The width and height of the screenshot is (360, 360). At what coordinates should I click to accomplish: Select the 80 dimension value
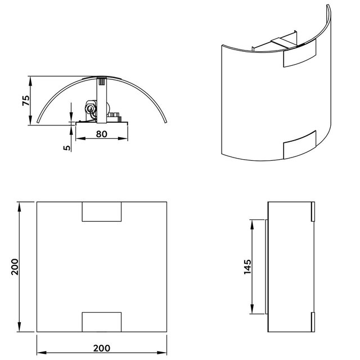point(102,134)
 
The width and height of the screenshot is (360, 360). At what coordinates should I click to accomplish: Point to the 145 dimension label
point(246,265)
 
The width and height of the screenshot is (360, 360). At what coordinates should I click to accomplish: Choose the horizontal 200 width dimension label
point(101,348)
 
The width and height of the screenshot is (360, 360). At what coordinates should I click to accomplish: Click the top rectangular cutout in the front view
point(102,211)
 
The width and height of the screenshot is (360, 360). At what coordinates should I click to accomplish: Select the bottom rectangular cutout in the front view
point(102,322)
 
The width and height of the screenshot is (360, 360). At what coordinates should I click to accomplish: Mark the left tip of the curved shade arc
point(38,121)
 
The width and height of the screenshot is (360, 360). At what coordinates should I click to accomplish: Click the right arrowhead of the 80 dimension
point(127,139)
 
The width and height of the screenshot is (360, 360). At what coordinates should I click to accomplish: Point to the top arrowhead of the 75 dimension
point(31,79)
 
